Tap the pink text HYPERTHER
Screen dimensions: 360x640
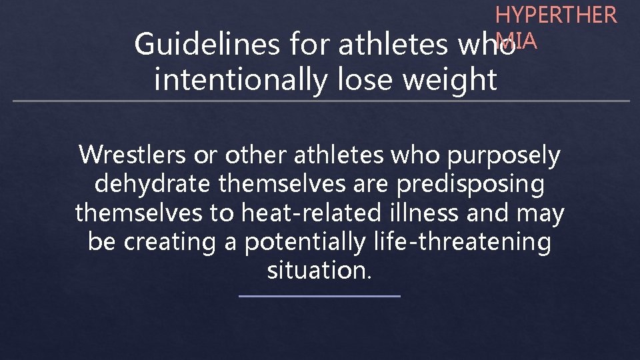pos(556,15)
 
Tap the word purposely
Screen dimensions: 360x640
pos(505,155)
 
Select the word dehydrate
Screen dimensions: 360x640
pos(153,184)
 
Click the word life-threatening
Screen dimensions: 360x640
pos(459,242)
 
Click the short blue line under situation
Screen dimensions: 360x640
pos(319,296)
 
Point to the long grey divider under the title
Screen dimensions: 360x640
pos(320,101)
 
